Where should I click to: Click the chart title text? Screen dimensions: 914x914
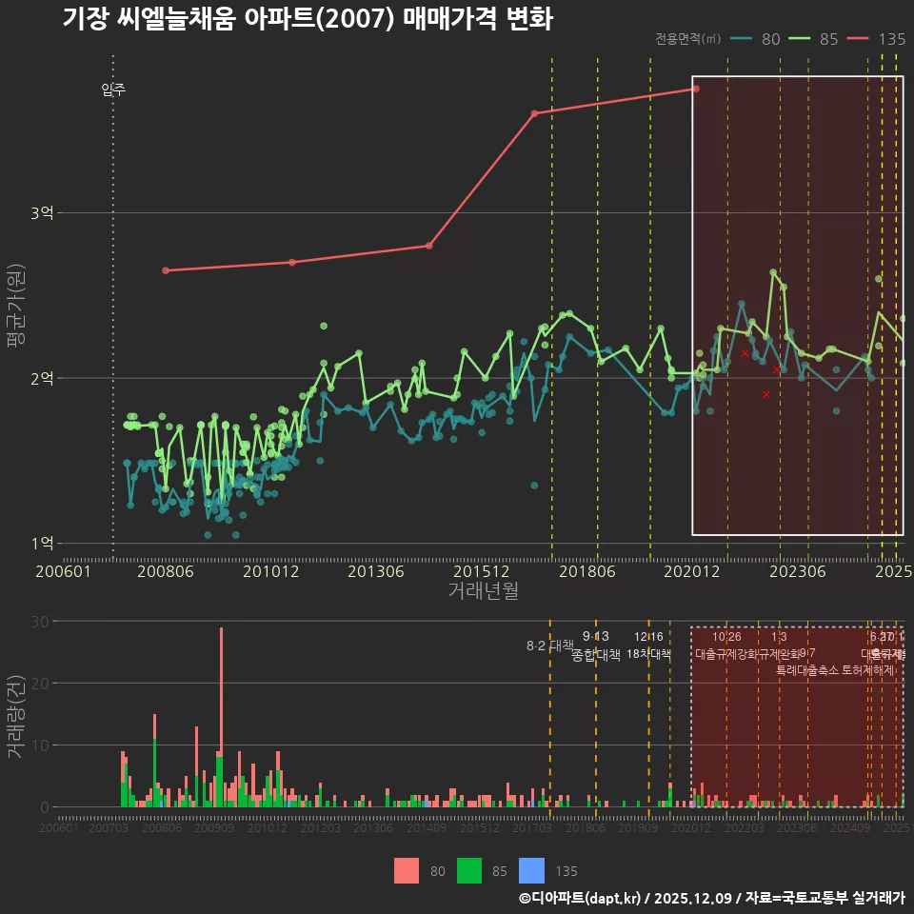(307, 19)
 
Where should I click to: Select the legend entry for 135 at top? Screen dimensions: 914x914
(876, 39)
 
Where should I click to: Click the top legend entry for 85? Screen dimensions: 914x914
(814, 39)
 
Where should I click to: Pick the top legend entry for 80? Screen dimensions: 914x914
(757, 39)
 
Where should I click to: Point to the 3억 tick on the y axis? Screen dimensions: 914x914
(42, 213)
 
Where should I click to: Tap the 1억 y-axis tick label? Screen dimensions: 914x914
(42, 543)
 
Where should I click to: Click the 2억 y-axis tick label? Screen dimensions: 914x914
(42, 378)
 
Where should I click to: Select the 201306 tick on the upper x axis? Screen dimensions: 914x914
(377, 572)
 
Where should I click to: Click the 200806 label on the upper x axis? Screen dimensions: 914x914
(166, 572)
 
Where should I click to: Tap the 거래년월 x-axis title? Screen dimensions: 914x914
(483, 591)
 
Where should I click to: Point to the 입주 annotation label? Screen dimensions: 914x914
(113, 90)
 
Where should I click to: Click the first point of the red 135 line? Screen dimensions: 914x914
(166, 270)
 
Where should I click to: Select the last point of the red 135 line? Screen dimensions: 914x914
(696, 89)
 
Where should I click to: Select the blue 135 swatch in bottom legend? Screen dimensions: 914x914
(531, 870)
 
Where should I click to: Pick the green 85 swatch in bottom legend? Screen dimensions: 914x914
(469, 870)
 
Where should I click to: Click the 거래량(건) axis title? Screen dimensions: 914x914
(15, 717)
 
